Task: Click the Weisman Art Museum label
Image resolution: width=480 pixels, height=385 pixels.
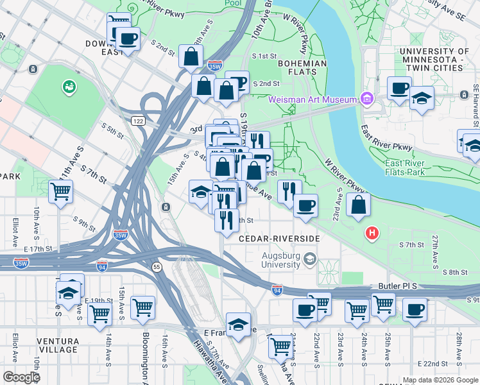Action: click(312, 99)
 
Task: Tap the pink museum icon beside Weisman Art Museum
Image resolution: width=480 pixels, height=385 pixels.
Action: click(366, 99)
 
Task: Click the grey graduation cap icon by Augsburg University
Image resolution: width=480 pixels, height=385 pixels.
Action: click(311, 259)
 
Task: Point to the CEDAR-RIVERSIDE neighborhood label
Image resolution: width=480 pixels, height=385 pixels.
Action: click(279, 238)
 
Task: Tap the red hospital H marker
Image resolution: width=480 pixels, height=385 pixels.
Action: click(371, 232)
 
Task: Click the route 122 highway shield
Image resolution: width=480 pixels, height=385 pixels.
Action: click(137, 120)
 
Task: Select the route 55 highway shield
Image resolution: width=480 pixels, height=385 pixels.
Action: click(156, 266)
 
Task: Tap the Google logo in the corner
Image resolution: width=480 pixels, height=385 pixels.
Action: click(21, 377)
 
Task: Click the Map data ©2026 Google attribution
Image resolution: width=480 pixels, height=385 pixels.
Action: click(440, 380)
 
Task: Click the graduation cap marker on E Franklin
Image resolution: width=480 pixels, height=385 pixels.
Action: click(238, 324)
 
